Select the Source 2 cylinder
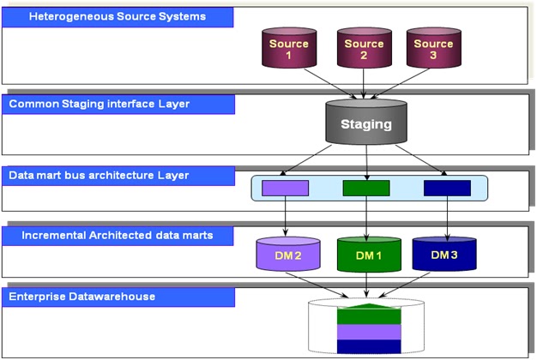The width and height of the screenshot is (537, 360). pos(365,50)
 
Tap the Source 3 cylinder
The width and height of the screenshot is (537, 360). pos(432,50)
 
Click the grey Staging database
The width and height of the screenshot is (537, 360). pos(366,123)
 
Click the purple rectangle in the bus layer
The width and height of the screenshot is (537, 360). pos(285,188)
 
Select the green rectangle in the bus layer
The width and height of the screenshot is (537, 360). pos(366,188)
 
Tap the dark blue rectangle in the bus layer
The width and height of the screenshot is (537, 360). pos(447,188)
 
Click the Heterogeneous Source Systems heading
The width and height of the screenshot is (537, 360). pos(118,16)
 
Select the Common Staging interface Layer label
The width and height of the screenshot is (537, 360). pos(118,104)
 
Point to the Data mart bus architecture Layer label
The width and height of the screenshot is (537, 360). pos(118,175)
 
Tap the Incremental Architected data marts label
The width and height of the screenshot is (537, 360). pos(118,234)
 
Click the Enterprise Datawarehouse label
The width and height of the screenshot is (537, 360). pos(118,297)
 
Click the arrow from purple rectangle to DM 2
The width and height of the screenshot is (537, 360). pos(285,217)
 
